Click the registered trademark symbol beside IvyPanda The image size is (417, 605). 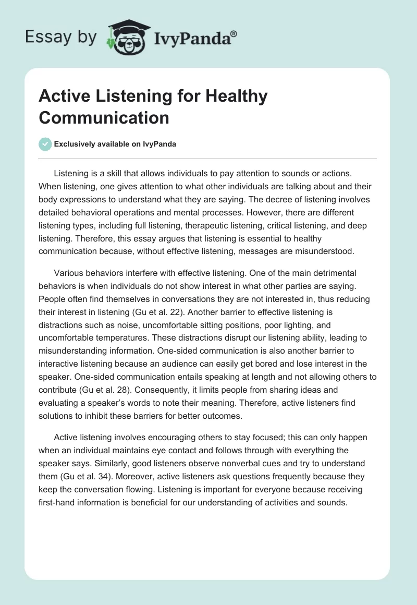234,34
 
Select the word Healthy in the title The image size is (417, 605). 237,96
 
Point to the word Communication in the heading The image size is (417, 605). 104,117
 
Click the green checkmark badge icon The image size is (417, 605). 45,144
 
